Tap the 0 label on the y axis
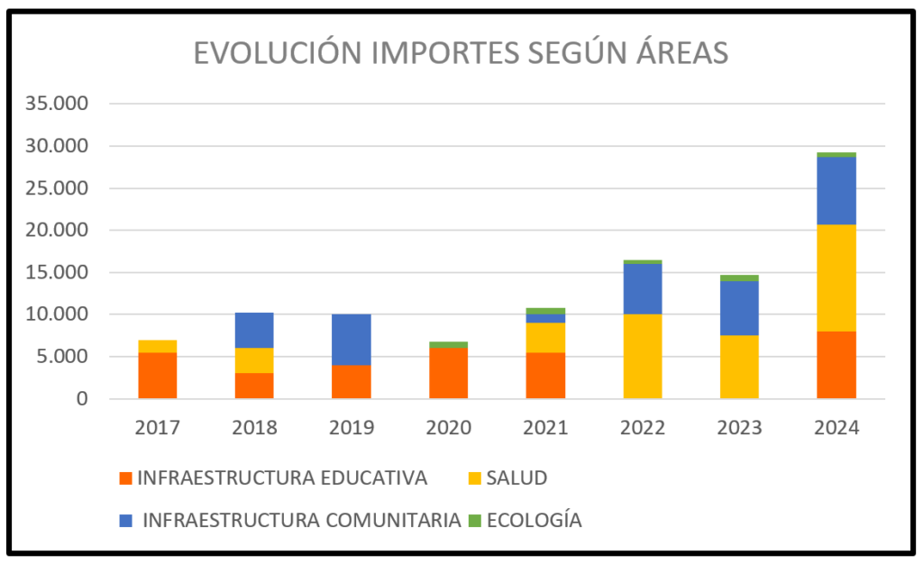(x=82, y=398)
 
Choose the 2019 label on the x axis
(x=351, y=428)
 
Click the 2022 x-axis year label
(x=642, y=428)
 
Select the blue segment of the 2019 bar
(x=351, y=340)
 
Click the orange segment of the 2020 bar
(x=448, y=373)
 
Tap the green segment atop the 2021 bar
(x=545, y=311)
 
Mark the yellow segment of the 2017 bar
(x=157, y=346)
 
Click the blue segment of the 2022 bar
(x=642, y=288)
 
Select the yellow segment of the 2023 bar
(x=739, y=367)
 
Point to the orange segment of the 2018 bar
(x=254, y=386)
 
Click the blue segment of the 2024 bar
(x=836, y=190)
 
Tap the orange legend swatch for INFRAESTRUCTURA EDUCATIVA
(x=126, y=478)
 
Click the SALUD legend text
(x=516, y=478)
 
